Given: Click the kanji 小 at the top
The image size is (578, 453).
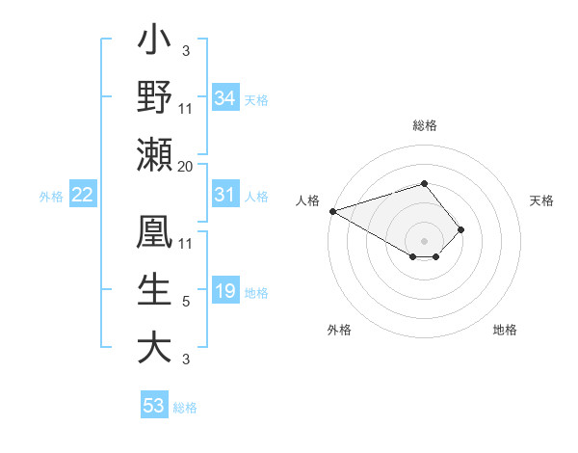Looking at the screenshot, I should pos(154,44).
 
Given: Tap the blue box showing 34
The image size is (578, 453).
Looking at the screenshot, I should pos(224,97).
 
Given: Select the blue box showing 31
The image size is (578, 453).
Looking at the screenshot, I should pos(224,195).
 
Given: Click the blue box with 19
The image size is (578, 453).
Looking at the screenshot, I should pos(224,291).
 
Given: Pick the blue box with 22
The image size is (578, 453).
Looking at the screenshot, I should pos(83,195).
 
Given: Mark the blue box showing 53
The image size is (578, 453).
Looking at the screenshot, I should pos(154,405).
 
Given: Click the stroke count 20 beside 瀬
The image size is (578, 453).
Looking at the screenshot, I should pos(185,167).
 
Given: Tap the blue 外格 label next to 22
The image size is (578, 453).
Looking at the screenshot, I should pos(51,197).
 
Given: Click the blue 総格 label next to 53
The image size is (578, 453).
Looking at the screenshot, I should pos(185,407).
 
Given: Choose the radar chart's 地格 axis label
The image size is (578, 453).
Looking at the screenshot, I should pos(505,330).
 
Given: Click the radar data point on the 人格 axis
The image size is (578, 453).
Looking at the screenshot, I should pos(332,210).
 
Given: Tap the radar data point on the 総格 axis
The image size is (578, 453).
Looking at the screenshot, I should pos(424,183).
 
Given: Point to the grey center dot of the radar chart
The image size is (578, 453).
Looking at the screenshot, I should pos(424,240).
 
